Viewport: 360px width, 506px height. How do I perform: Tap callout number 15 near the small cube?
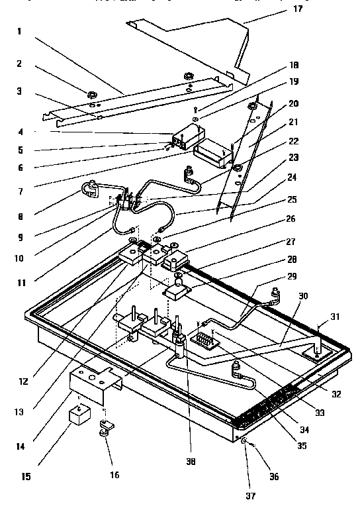click(24, 476)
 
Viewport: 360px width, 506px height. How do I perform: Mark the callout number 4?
click(22, 131)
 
